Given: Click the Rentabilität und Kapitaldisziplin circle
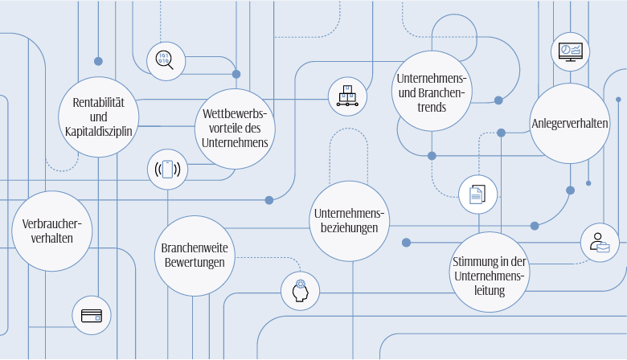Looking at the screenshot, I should [98, 116].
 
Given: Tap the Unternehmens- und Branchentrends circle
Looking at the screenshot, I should [432, 91].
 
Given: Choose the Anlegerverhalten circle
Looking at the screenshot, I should [569, 123].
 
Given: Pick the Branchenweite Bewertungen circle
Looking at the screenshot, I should [194, 255].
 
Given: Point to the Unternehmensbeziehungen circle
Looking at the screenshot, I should [349, 221].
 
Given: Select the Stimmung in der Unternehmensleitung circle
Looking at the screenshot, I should [489, 272].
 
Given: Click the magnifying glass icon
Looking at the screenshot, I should [165, 60].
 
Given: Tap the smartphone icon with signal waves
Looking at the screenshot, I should [167, 169].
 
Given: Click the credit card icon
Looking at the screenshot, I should [92, 315].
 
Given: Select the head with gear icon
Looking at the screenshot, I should [301, 291].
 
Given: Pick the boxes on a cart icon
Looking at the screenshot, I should [347, 96].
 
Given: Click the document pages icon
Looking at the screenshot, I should [477, 194].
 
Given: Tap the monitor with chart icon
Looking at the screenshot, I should [571, 52].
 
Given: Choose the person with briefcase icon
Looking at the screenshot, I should [600, 243].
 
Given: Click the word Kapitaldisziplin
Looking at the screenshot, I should [98, 131].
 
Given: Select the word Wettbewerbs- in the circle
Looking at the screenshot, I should [235, 114].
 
